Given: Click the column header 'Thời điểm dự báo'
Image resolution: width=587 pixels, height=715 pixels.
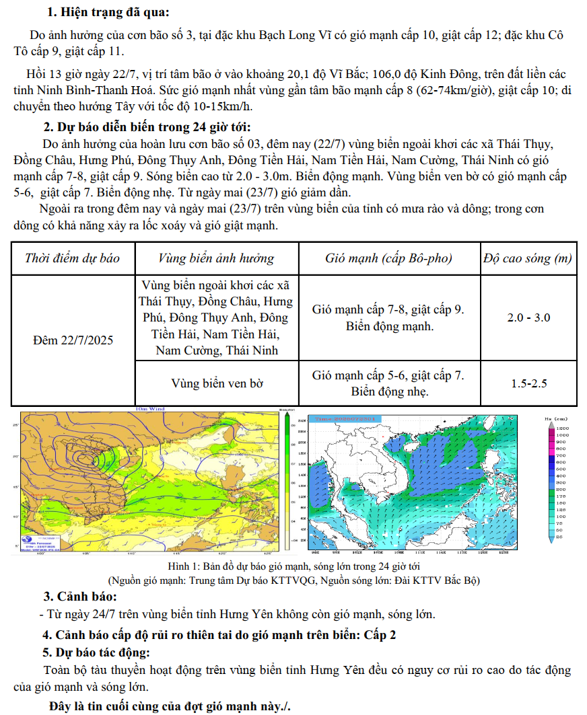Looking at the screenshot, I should [x=72, y=258].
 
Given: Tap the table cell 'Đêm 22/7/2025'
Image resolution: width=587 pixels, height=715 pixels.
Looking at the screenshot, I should [x=73, y=340].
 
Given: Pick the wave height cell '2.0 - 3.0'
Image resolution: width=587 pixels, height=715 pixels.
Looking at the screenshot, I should [x=528, y=317].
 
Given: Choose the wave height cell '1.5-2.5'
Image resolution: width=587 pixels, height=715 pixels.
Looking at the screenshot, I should [x=528, y=383].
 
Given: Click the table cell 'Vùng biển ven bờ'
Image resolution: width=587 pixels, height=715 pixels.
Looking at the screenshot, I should [x=217, y=383].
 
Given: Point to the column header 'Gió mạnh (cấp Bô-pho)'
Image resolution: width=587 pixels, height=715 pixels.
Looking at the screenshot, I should [x=388, y=258].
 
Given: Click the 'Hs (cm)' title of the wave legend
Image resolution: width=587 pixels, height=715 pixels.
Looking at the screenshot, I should [x=561, y=418].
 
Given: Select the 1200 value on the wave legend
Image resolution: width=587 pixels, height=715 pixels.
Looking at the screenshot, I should [x=563, y=428].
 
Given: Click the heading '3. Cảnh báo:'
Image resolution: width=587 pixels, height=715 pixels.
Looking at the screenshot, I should [x=80, y=597].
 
